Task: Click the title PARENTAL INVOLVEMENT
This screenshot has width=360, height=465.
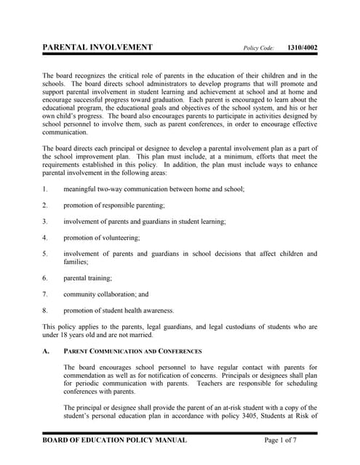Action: point(97,47)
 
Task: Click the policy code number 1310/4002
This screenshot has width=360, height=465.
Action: point(302,48)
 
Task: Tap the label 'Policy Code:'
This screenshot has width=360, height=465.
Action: point(258,49)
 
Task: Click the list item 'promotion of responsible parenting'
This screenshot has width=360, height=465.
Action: point(113,205)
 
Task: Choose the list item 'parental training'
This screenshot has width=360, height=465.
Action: point(87,278)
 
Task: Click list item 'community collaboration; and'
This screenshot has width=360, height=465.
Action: point(105,294)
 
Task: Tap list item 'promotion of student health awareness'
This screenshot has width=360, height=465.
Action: point(119,310)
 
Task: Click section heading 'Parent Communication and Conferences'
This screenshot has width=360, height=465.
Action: point(132,351)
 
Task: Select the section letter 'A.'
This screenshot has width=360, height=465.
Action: point(46,351)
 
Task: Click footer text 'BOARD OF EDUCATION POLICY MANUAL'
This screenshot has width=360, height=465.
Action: point(114,440)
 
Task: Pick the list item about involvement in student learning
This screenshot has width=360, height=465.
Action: point(144,221)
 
